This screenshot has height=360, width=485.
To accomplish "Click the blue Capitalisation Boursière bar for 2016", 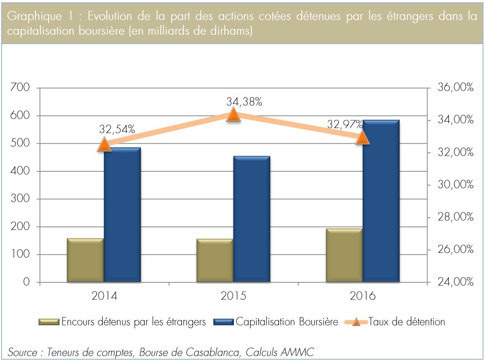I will tap(381, 201).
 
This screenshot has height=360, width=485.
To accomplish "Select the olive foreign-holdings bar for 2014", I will tap(85, 260).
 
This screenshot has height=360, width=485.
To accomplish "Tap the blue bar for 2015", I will tap(252, 219).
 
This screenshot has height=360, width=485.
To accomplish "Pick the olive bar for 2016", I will tap(344, 255).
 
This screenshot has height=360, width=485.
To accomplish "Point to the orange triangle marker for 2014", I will tap(104, 145).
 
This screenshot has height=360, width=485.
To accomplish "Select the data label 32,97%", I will tap(345, 125).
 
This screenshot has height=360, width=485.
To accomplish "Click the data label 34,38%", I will tap(244, 102).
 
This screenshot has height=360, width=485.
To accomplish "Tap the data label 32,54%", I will tap(117, 129).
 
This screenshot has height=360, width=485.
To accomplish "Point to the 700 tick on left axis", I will tap(21, 88).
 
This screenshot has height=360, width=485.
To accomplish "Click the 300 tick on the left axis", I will tap(21, 199).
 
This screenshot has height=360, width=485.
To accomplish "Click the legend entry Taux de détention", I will tap(407, 322).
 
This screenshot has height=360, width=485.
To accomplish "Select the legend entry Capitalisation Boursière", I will tap(287, 322).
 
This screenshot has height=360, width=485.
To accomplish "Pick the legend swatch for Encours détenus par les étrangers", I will tap(49, 322).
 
